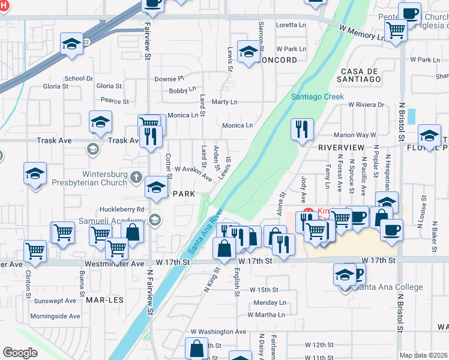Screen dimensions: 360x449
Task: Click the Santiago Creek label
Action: point(317,97)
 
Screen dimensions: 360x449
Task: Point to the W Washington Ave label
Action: point(218,331)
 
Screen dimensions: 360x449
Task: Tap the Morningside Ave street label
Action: point(55,316)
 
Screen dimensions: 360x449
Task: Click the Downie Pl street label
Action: point(169,79)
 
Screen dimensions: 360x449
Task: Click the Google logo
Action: point(20,353)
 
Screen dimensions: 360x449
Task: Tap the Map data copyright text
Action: point(423,355)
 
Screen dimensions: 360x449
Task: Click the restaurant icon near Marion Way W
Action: point(302,128)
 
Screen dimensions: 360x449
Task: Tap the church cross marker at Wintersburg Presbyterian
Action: point(136,178)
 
